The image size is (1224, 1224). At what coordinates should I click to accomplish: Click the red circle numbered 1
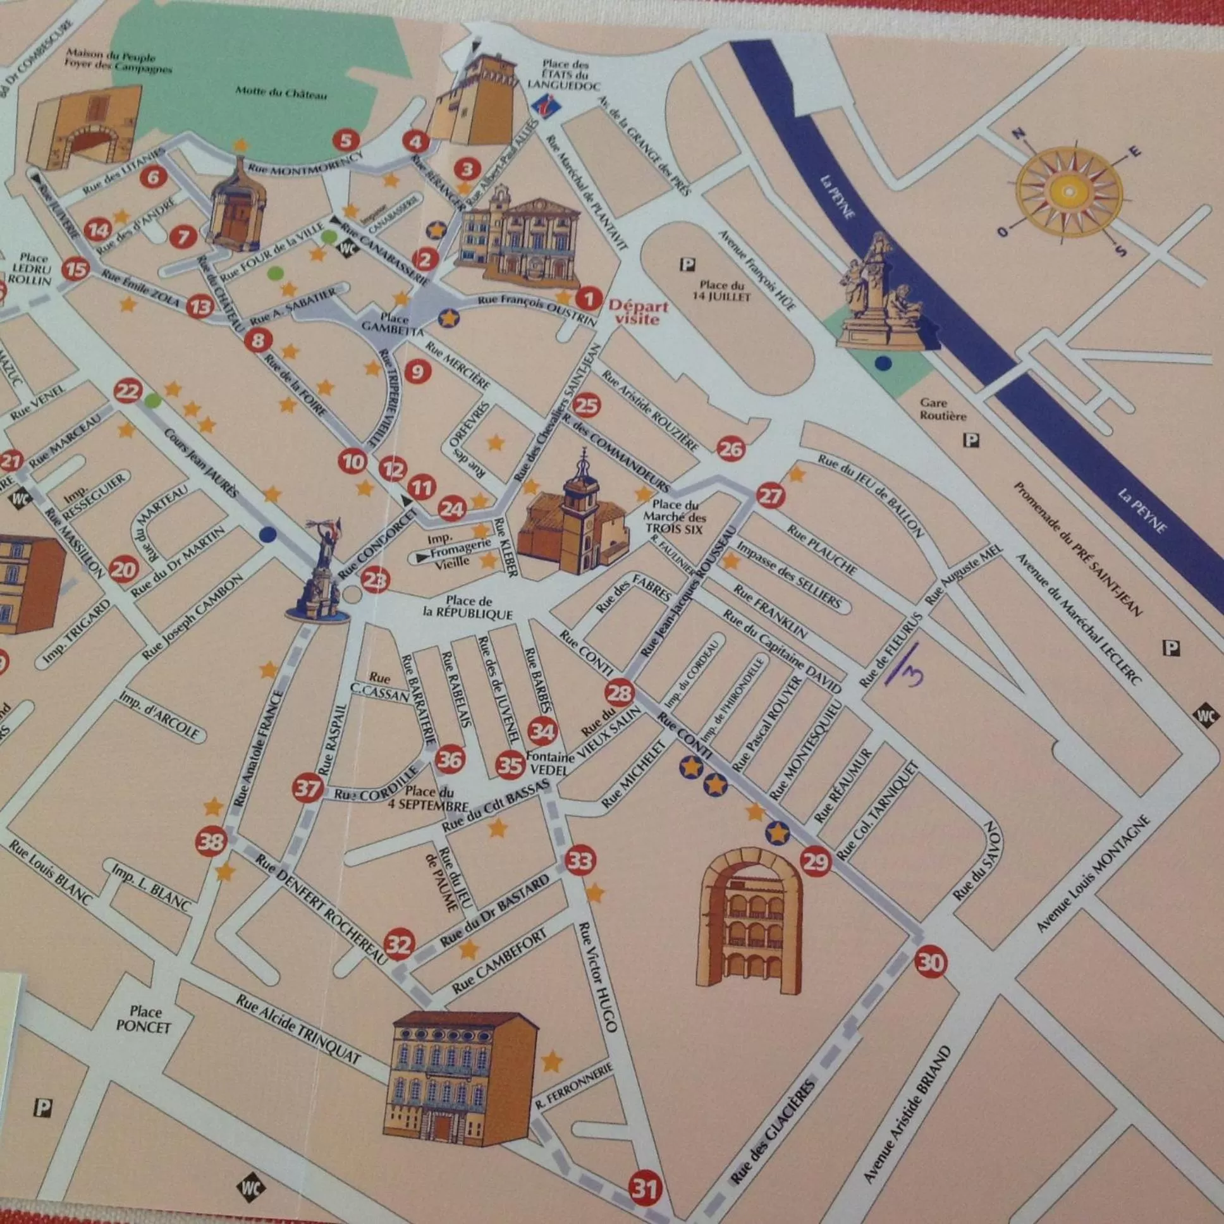588,298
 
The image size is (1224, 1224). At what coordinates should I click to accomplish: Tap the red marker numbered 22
127,392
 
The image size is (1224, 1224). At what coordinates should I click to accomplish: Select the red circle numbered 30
930,963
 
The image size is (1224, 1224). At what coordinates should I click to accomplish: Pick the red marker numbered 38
211,842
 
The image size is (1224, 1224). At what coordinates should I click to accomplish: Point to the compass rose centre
1068,191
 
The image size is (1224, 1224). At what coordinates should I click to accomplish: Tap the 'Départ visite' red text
638,312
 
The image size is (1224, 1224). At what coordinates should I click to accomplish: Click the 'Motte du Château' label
281,93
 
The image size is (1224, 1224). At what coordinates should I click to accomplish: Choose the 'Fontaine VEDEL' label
549,763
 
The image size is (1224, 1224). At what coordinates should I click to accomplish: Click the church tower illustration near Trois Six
578,517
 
